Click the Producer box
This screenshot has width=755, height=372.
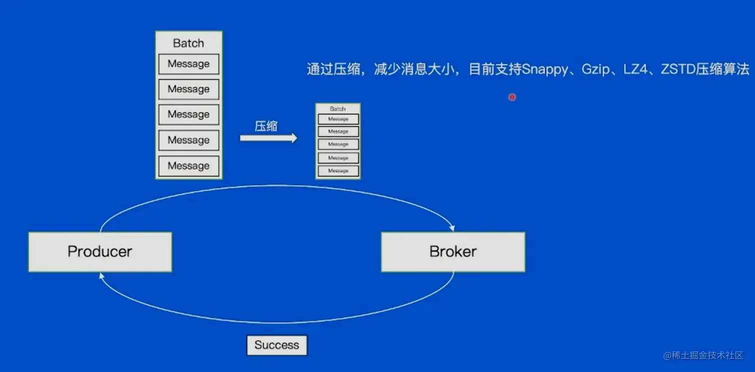[100, 251]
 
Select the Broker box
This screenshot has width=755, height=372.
[453, 251]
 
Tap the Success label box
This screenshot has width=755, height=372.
[277, 345]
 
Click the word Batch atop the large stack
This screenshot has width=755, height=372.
[188, 43]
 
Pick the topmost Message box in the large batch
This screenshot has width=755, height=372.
[189, 64]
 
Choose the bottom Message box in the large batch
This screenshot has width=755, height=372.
[189, 166]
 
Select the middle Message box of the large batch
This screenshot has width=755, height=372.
[189, 114]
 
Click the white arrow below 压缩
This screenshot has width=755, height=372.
[268, 138]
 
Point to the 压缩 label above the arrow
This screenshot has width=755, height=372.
[266, 126]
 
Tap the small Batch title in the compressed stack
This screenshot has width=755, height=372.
[338, 108]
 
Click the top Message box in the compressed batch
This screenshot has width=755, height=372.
[338, 119]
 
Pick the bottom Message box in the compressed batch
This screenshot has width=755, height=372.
[338, 171]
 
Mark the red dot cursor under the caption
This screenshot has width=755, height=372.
[512, 97]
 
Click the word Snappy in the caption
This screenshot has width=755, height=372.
[545, 69]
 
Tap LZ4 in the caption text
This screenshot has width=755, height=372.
[636, 69]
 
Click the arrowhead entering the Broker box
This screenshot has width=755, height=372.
[452, 228]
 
